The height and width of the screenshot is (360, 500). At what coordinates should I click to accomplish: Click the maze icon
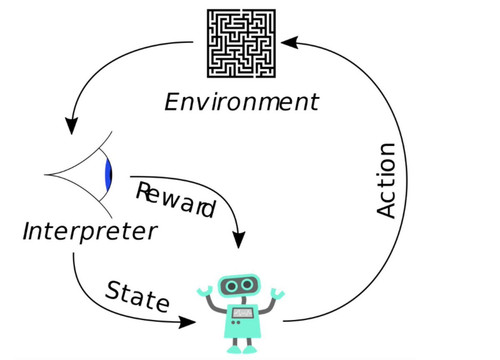[x=241, y=44]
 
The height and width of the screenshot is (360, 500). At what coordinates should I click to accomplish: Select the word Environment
[x=242, y=102]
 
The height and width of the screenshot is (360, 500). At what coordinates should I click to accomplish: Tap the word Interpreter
[x=90, y=231]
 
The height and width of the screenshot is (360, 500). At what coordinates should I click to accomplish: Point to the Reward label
[x=176, y=200]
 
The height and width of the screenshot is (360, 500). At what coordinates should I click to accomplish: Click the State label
[x=138, y=296]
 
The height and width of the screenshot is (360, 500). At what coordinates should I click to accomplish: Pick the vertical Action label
[x=386, y=181]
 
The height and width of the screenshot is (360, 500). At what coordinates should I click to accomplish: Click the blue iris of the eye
[x=108, y=175]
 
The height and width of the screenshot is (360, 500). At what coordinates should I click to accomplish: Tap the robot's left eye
[x=231, y=286]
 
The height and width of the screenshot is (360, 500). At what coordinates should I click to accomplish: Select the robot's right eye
[x=247, y=285]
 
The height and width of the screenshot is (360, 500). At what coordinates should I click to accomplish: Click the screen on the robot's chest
[x=243, y=313]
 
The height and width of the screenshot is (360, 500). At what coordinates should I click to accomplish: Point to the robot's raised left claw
[x=205, y=291]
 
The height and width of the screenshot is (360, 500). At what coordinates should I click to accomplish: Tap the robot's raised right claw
[x=277, y=293]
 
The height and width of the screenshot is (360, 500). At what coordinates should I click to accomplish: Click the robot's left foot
[x=234, y=349]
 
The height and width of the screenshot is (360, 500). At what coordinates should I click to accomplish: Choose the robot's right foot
[x=250, y=349]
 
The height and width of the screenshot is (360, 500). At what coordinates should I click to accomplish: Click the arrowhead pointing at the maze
[x=289, y=42]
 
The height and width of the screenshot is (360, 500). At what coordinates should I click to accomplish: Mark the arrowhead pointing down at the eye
[x=72, y=126]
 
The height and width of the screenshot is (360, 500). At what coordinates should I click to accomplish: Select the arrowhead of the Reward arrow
[x=238, y=239]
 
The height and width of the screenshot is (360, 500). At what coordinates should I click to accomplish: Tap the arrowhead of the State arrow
[x=187, y=322]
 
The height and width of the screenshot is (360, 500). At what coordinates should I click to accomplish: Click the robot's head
[x=239, y=286]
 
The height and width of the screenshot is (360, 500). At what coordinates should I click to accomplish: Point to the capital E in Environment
[x=173, y=102]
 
